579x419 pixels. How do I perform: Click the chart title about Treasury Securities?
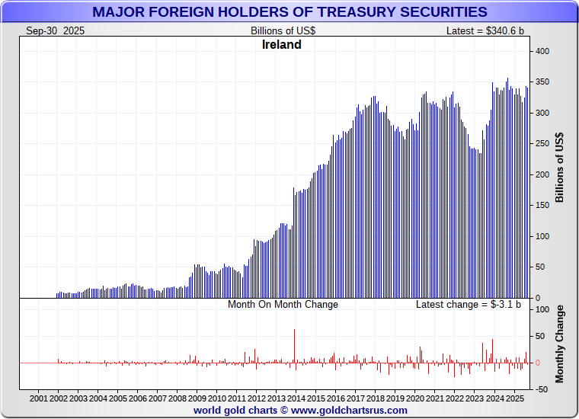click(x=289, y=12)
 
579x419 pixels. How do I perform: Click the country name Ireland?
click(x=282, y=45)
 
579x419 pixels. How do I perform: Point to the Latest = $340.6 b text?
click(x=485, y=30)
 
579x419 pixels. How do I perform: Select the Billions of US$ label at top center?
click(x=283, y=30)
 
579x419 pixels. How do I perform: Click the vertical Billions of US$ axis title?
click(x=560, y=168)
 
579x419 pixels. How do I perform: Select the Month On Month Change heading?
click(x=283, y=304)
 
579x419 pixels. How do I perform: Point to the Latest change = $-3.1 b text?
click(x=469, y=304)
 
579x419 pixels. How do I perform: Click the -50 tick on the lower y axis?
click(x=541, y=389)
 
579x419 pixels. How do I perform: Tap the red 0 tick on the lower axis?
click(x=538, y=363)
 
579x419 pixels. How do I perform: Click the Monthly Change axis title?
click(x=560, y=344)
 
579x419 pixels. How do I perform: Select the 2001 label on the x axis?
click(x=40, y=398)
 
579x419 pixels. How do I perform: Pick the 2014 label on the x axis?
click(x=296, y=398)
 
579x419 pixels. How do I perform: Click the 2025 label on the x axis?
click(x=514, y=398)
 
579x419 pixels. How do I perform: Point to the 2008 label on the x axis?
click(x=178, y=398)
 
